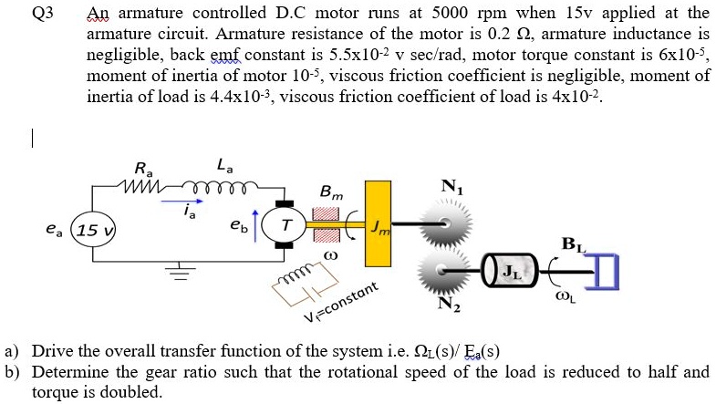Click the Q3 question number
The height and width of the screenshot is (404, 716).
(x=42, y=14)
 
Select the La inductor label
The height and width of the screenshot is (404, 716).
(x=223, y=165)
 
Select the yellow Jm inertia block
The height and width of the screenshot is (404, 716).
(x=376, y=224)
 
